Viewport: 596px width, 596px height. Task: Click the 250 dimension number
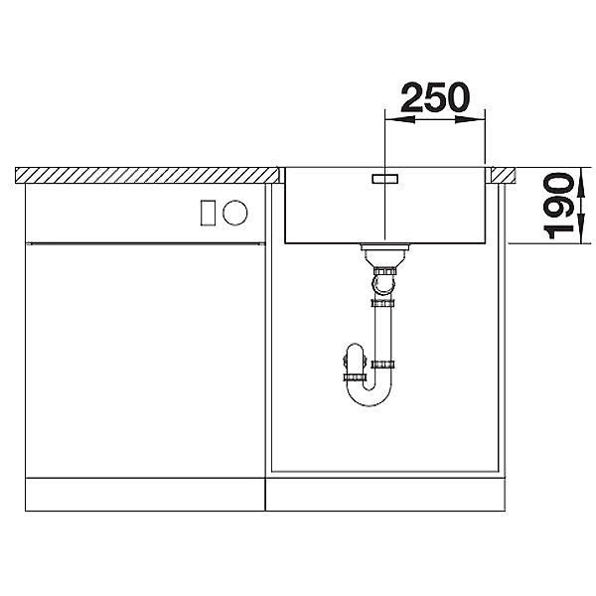435,97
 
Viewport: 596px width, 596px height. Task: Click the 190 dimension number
558,206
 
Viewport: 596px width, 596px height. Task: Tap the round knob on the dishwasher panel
234,213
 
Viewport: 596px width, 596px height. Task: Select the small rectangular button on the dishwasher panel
208,213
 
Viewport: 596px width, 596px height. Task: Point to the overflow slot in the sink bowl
384,179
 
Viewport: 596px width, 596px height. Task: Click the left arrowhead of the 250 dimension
400,119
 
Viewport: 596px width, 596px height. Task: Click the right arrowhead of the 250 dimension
470,119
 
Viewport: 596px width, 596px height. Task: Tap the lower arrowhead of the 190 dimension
580,228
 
